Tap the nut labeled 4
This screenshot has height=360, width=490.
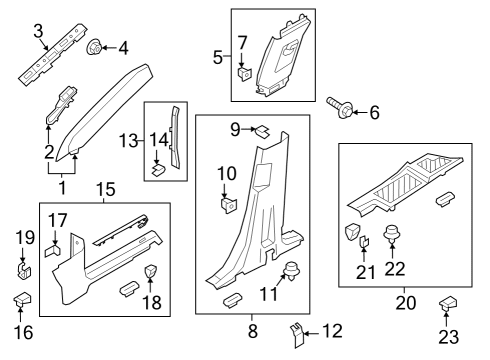tap(96, 46)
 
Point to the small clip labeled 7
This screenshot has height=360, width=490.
tap(243, 72)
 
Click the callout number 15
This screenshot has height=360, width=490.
tap(105, 189)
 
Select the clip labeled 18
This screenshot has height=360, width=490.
tap(152, 273)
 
